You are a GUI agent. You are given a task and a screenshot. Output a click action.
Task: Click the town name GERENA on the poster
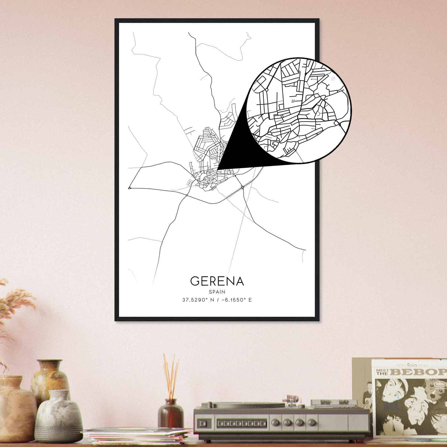(217, 281)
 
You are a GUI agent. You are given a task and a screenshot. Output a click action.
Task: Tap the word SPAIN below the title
(217, 292)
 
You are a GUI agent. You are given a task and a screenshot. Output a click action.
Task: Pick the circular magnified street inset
(299, 110)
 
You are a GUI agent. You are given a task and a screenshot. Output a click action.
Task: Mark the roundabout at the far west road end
(129, 188)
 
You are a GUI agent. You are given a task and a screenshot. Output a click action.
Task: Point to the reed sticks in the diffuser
(171, 374)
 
